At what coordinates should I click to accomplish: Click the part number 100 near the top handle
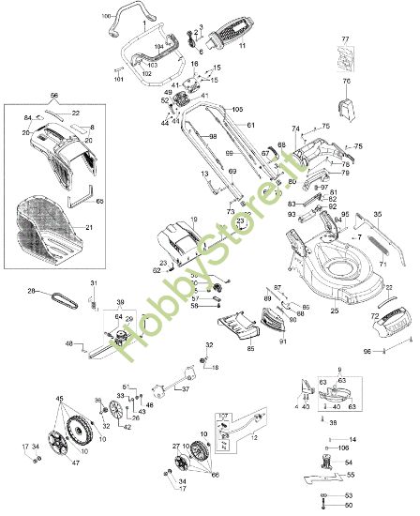click(x=105, y=16)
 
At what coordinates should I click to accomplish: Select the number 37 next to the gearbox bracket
click(x=185, y=389)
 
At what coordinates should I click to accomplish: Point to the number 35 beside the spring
click(x=378, y=215)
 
